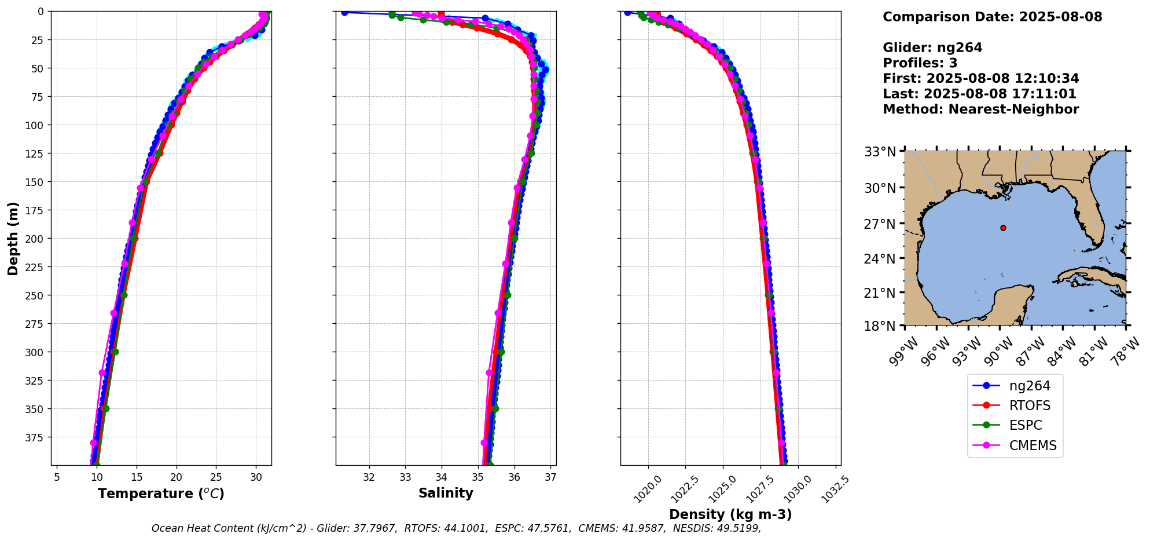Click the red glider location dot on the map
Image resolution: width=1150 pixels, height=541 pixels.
click(x=1003, y=228)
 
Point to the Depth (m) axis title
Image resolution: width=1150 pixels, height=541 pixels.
click(x=13, y=238)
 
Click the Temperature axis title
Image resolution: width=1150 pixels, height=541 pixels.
click(x=161, y=494)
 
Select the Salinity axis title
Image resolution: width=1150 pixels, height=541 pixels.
click(x=446, y=493)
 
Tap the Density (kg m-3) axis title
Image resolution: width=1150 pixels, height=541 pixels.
click(x=730, y=514)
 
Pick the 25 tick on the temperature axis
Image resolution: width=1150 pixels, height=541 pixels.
click(x=216, y=477)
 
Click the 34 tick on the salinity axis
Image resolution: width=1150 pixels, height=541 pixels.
click(x=442, y=477)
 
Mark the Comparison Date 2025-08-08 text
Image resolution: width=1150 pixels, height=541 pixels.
click(x=992, y=17)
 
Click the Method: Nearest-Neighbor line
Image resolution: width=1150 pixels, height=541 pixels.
click(x=980, y=109)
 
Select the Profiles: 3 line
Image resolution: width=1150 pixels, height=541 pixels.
click(x=920, y=63)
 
